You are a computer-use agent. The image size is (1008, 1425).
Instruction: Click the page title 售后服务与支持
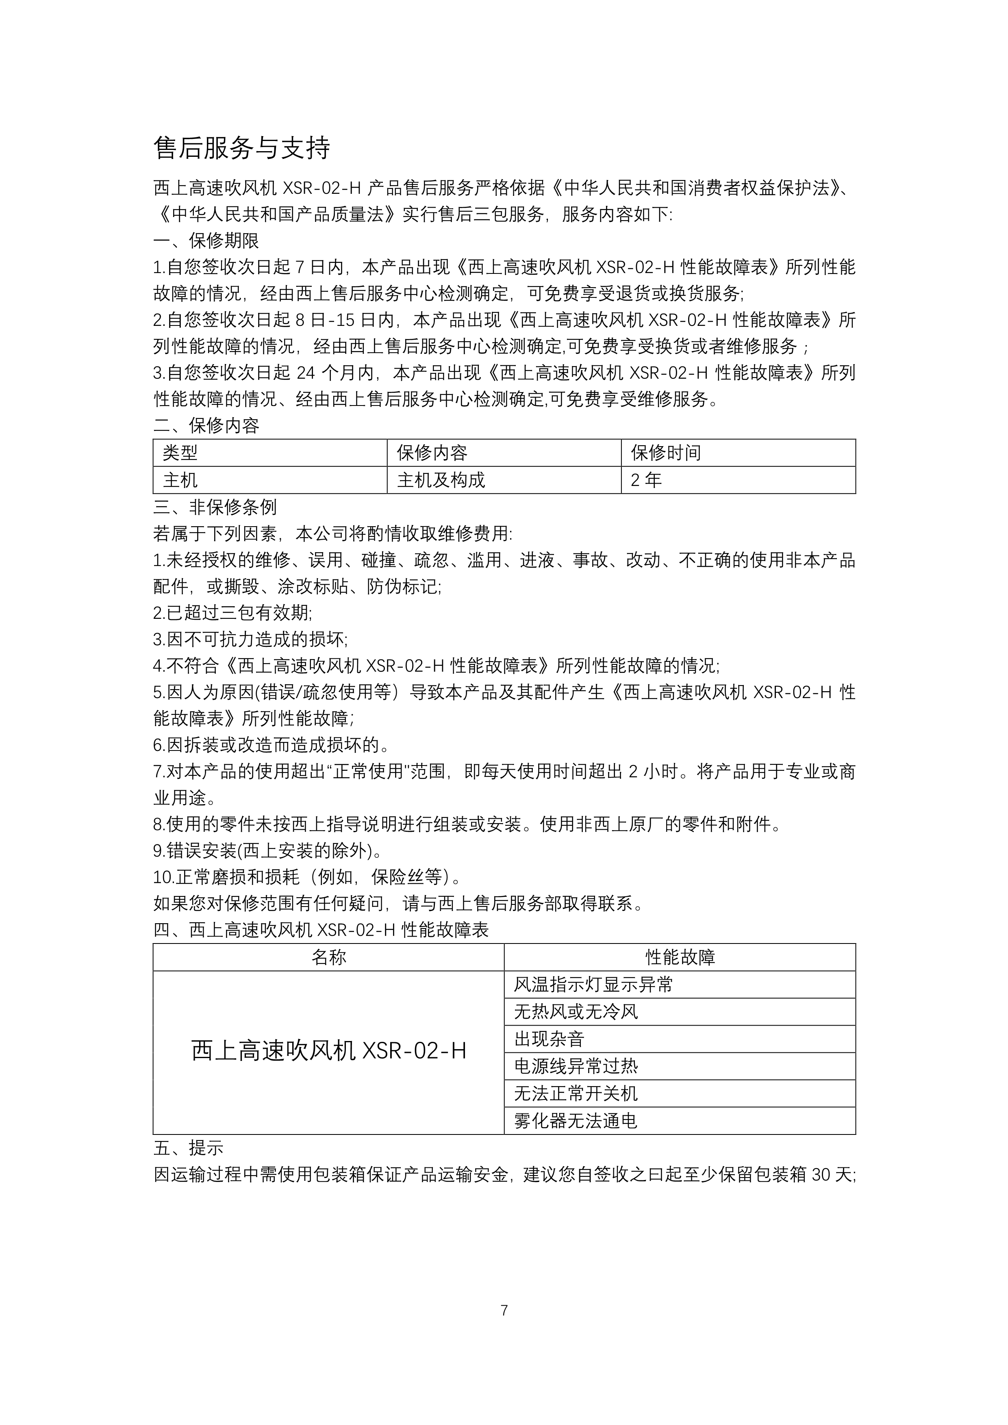241,148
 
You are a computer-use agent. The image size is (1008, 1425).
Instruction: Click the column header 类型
180,453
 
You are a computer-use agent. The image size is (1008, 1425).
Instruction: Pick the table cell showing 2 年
646,480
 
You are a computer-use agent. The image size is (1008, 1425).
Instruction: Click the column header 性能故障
680,957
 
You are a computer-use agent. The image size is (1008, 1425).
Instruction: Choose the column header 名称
328,957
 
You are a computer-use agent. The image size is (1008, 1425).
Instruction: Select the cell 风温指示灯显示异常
593,985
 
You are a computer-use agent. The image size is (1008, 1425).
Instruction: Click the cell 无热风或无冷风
576,1012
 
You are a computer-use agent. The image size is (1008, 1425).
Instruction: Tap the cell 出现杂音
549,1039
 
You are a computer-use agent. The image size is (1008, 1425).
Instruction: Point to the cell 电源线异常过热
576,1066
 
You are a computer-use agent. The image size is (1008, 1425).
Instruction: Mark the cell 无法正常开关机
576,1093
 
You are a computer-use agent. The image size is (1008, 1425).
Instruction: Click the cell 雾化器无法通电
576,1121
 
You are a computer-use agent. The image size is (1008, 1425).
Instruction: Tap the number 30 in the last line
821,1175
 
